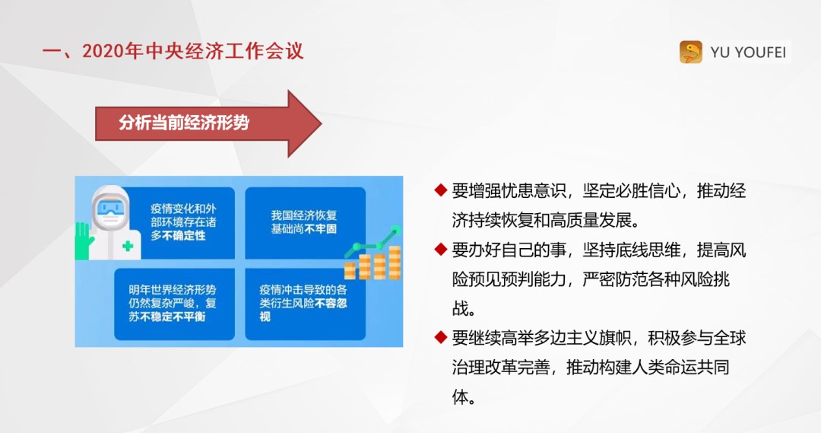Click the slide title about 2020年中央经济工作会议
(173, 52)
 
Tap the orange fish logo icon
(690, 53)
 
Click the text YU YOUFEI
(748, 53)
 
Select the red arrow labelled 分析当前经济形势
(208, 124)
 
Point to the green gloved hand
(84, 240)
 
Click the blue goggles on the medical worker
(111, 209)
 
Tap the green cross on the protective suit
(127, 246)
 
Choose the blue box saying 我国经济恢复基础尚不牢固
(306, 223)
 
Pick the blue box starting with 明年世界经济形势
(174, 304)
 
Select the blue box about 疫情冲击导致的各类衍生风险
(306, 304)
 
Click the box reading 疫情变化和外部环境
(183, 222)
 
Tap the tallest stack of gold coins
(395, 262)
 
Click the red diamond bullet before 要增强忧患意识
(440, 189)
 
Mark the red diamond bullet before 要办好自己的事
(440, 249)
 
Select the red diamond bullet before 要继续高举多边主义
(440, 337)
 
